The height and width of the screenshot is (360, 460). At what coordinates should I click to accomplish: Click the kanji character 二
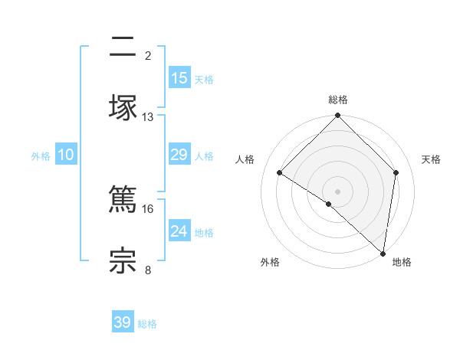coord(123,47)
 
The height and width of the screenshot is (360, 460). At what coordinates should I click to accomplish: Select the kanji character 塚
coord(123,107)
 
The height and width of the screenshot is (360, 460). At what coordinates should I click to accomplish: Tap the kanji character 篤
coord(123,198)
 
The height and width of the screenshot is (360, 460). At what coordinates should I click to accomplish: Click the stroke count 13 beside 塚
coord(148,117)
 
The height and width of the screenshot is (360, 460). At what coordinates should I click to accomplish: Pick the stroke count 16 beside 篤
coord(148,208)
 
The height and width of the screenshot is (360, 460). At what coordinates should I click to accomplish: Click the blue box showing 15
coord(179,78)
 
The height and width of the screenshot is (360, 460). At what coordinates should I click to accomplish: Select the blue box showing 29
coord(179,155)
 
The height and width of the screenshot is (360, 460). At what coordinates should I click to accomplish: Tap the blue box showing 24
coord(179,231)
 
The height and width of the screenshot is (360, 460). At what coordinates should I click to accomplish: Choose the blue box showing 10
coord(66,155)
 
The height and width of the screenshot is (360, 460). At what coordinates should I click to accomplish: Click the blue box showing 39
coord(123,322)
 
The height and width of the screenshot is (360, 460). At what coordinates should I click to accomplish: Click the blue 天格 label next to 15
coord(204,80)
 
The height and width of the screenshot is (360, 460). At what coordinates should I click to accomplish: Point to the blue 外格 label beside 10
coord(41,156)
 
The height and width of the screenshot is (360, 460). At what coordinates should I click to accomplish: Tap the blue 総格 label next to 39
coord(147,324)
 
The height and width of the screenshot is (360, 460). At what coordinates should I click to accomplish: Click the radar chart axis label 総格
coord(338,100)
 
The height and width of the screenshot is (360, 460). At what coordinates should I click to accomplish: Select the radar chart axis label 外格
coord(270,262)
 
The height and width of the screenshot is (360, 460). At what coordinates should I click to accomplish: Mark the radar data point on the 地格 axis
coord(383,254)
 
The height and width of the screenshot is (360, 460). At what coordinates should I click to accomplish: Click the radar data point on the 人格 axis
coord(280,173)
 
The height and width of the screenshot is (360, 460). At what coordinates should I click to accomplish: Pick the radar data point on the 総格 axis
coord(338,116)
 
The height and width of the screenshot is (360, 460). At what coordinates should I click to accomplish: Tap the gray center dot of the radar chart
coord(338,191)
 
